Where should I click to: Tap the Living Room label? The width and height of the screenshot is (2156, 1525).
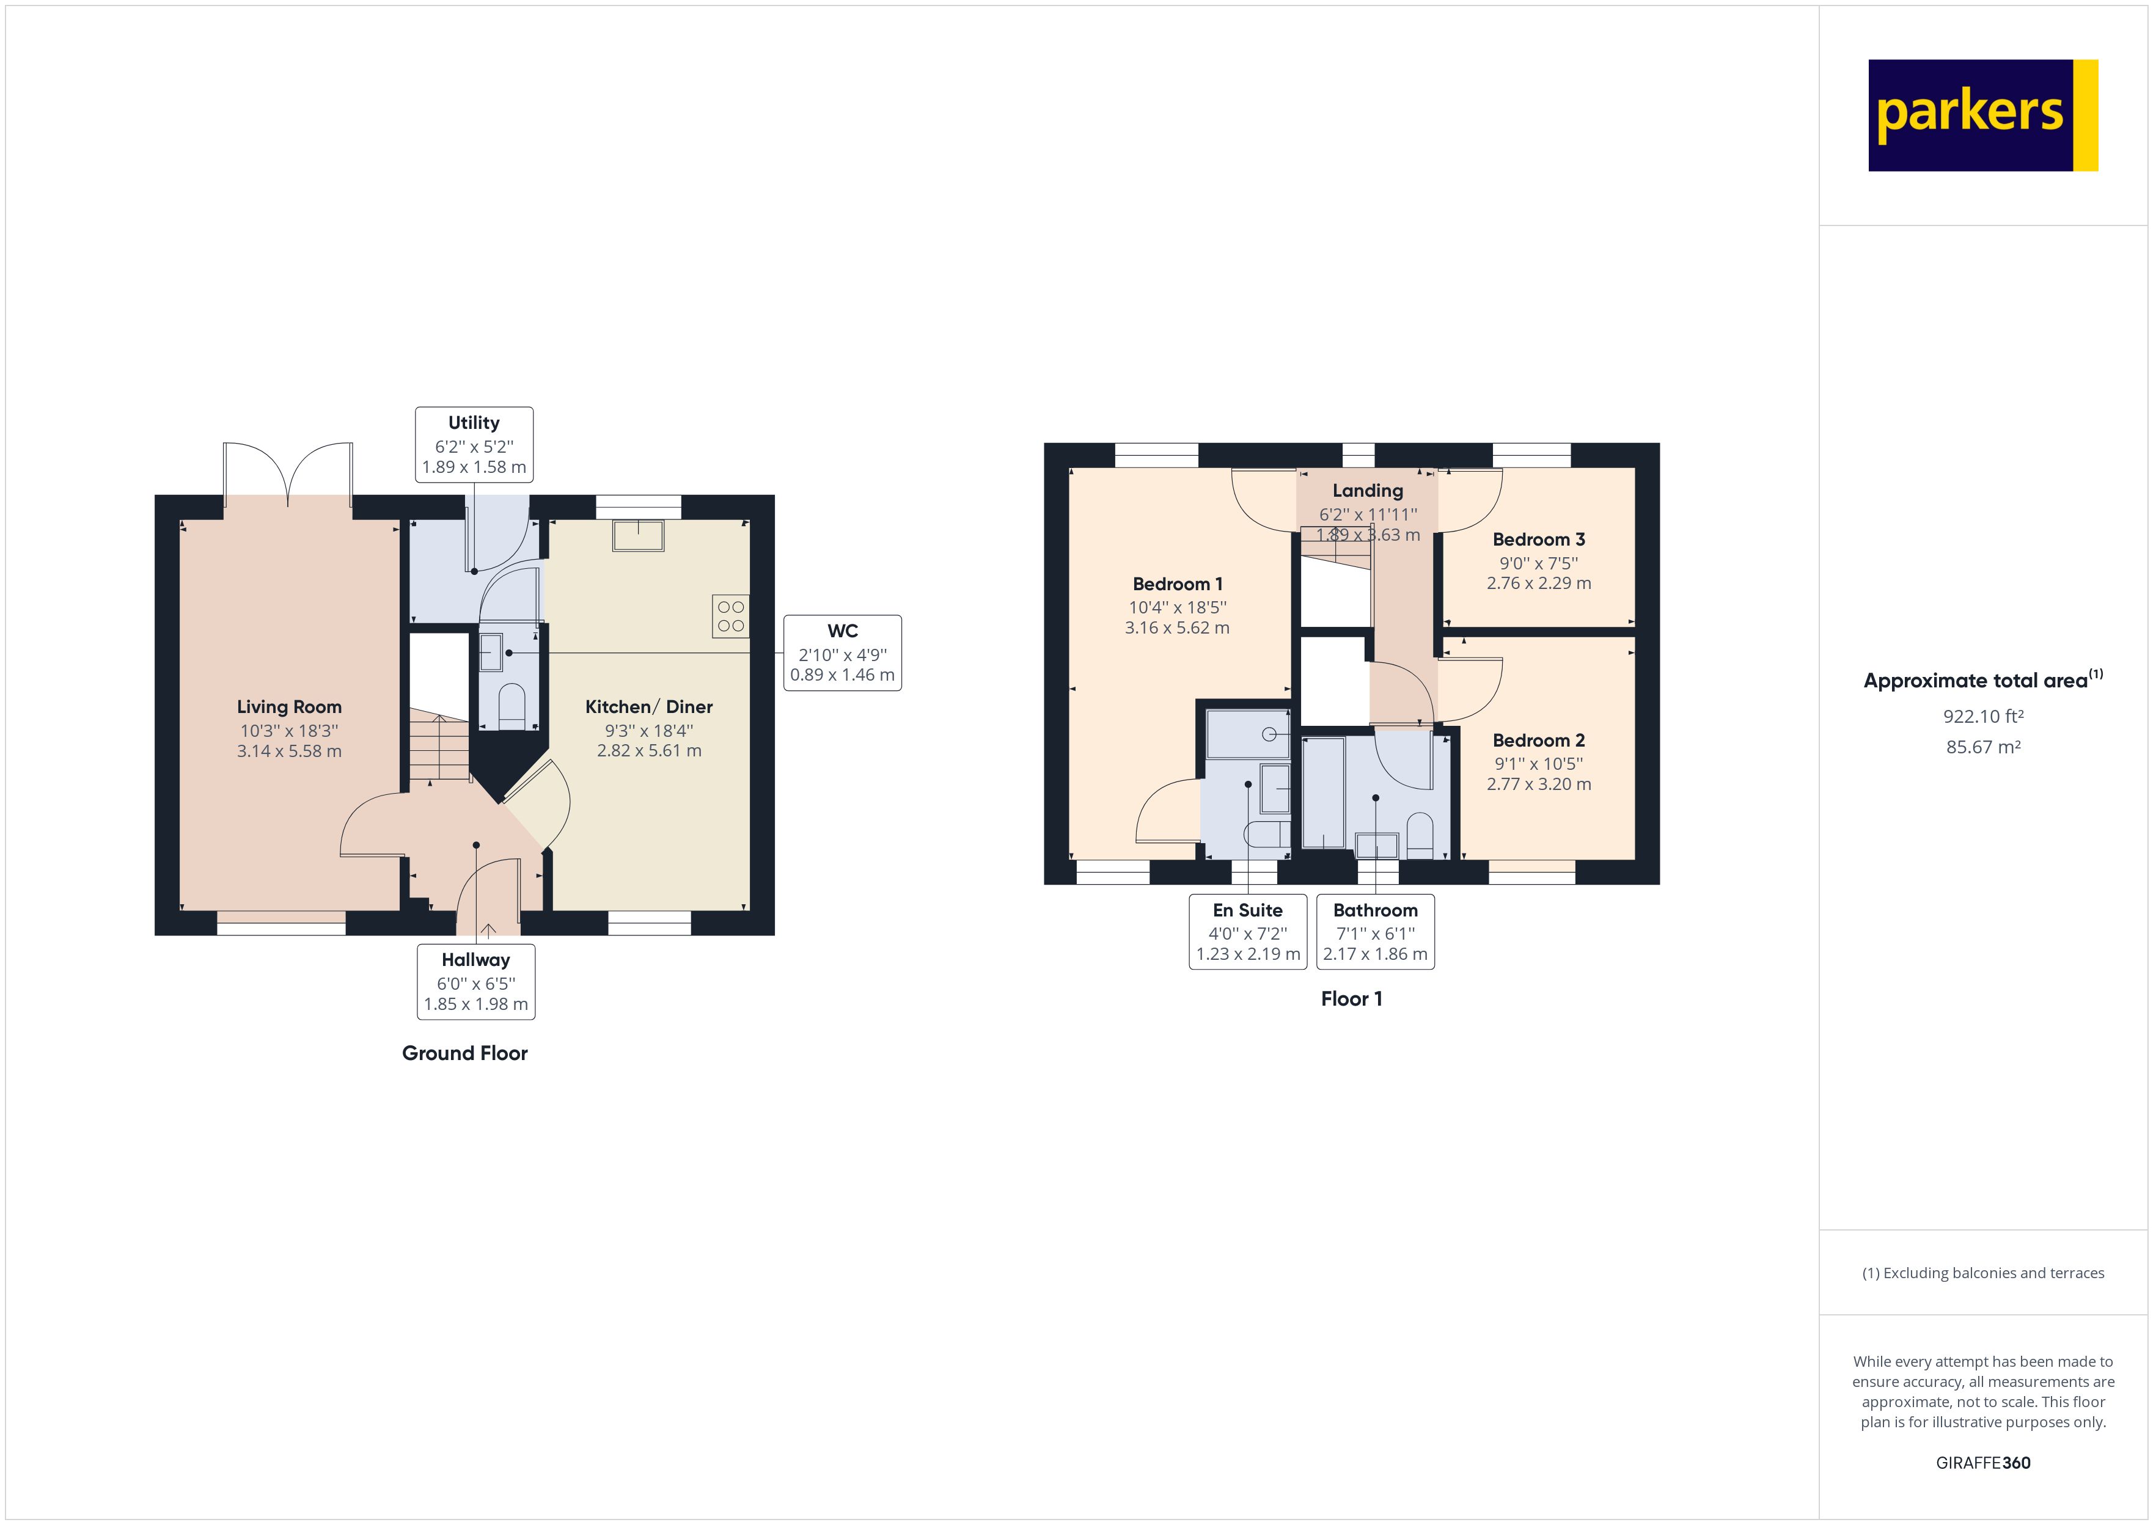(288, 707)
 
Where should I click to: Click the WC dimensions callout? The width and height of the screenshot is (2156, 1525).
(842, 654)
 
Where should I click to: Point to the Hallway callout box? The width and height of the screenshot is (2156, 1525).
(476, 981)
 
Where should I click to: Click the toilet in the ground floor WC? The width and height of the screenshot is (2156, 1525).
(512, 704)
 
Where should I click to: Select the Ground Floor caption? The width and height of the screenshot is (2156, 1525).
(465, 1053)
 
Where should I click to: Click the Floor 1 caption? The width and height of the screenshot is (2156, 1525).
(1351, 999)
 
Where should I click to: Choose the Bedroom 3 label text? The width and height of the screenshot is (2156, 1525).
(1538, 539)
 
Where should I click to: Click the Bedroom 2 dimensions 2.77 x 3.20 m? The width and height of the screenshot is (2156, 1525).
(1538, 784)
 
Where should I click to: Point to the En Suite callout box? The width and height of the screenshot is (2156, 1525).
(1247, 932)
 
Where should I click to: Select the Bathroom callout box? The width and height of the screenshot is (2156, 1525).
(1375, 932)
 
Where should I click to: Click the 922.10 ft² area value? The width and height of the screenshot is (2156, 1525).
(1982, 717)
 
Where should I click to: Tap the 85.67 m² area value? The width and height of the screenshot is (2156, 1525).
(1982, 747)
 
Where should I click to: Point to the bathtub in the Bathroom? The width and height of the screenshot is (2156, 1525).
(1323, 794)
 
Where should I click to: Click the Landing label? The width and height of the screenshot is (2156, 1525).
(1367, 490)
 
